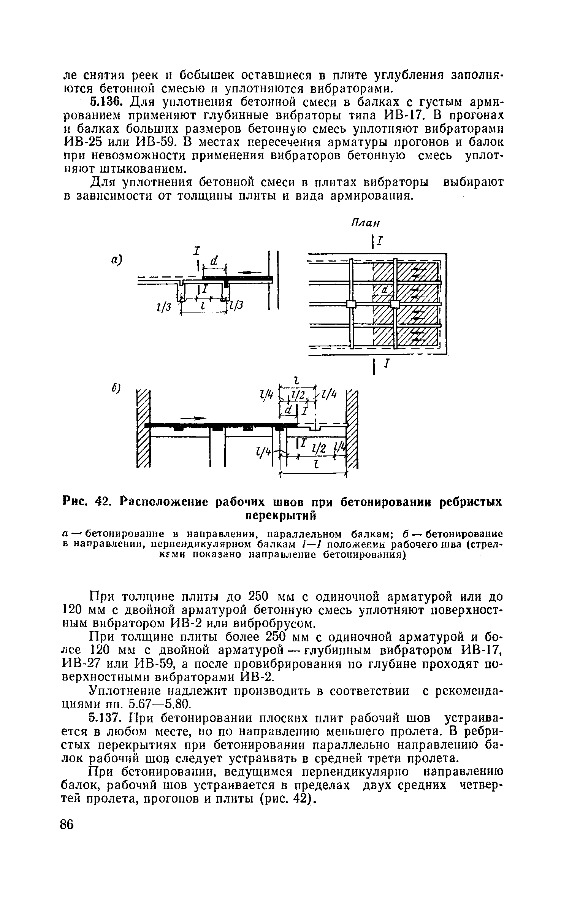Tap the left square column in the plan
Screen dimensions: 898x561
(351, 304)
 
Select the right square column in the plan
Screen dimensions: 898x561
(395, 304)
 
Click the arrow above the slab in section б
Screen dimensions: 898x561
(193, 418)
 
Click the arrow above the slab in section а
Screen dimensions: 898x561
(249, 272)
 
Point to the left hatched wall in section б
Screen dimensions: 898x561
(144, 428)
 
